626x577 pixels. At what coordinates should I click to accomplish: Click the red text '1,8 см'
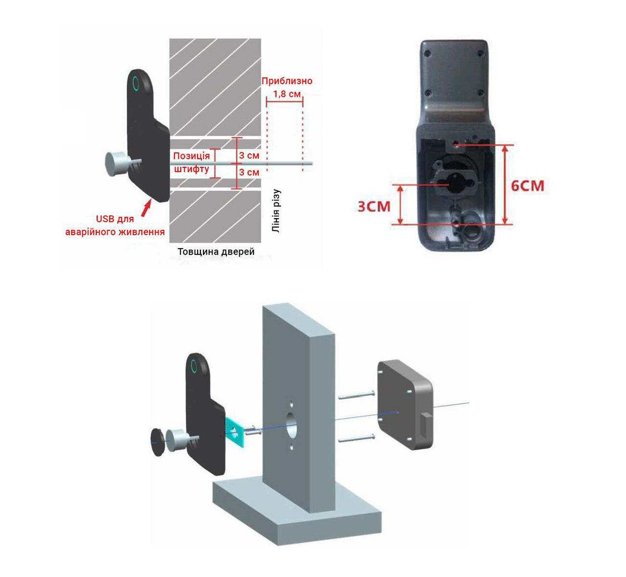(287, 93)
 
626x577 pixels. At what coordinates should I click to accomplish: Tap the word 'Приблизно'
(287, 81)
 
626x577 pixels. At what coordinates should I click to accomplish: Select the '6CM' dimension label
(527, 185)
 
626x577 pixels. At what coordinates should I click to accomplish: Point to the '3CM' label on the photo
(374, 207)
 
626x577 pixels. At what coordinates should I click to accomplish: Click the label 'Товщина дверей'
(216, 252)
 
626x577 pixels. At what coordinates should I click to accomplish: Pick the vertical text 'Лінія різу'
(276, 211)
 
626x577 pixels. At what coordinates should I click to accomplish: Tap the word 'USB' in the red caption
(105, 219)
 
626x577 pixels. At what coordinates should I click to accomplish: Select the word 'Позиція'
(191, 156)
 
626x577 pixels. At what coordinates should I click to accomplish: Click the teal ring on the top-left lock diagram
(135, 83)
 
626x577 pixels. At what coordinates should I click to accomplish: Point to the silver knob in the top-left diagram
(116, 163)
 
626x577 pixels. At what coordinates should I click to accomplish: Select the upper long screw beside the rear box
(357, 395)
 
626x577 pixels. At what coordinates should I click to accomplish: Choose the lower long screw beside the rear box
(357, 438)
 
